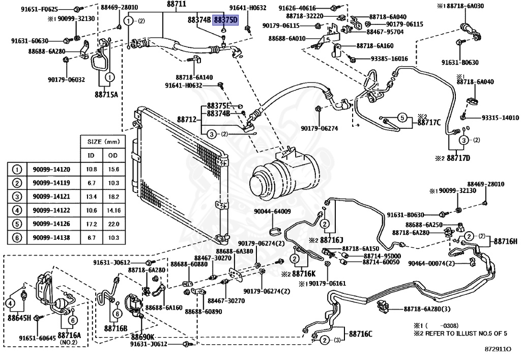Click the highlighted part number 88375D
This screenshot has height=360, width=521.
pyautogui.click(x=226, y=20)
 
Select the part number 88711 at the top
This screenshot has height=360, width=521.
pyautogui.click(x=177, y=4)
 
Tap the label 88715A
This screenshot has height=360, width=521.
pyautogui.click(x=106, y=94)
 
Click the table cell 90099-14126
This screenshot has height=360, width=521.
pyautogui.click(x=51, y=224)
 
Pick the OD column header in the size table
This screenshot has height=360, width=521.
pyautogui.click(x=113, y=155)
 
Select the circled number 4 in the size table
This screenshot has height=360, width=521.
pyautogui.click(x=17, y=210)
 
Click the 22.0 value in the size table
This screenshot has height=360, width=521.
pyautogui.click(x=113, y=224)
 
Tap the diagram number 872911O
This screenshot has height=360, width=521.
pyautogui.click(x=498, y=349)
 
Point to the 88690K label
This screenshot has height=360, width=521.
pyautogui.click(x=142, y=336)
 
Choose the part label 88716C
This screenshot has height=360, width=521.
pyautogui.click(x=361, y=334)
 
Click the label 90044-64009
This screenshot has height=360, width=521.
pyautogui.click(x=273, y=211)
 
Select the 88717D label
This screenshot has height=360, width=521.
pyautogui.click(x=458, y=158)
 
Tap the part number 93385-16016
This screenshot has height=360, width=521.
pyautogui.click(x=389, y=59)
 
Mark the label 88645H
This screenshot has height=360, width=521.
pyautogui.click(x=19, y=318)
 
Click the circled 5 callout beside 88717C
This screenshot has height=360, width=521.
pyautogui.click(x=402, y=118)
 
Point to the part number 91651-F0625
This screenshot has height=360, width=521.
pyautogui.click(x=39, y=10)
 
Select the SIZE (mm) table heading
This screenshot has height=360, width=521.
pyautogui.click(x=103, y=142)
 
